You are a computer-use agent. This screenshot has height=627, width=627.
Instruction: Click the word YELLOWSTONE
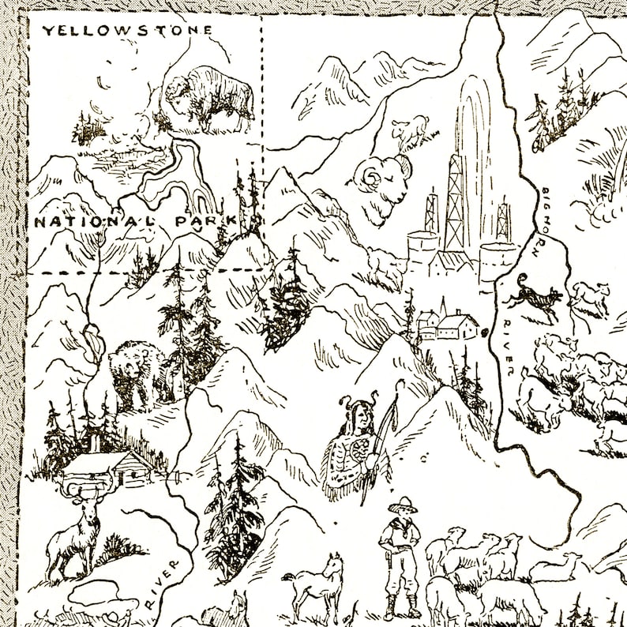127,31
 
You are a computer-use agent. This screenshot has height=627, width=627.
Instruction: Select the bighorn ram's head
378,184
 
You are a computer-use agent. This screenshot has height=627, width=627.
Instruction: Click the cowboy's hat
401,503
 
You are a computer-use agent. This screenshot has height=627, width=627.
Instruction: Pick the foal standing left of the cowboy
316,585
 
